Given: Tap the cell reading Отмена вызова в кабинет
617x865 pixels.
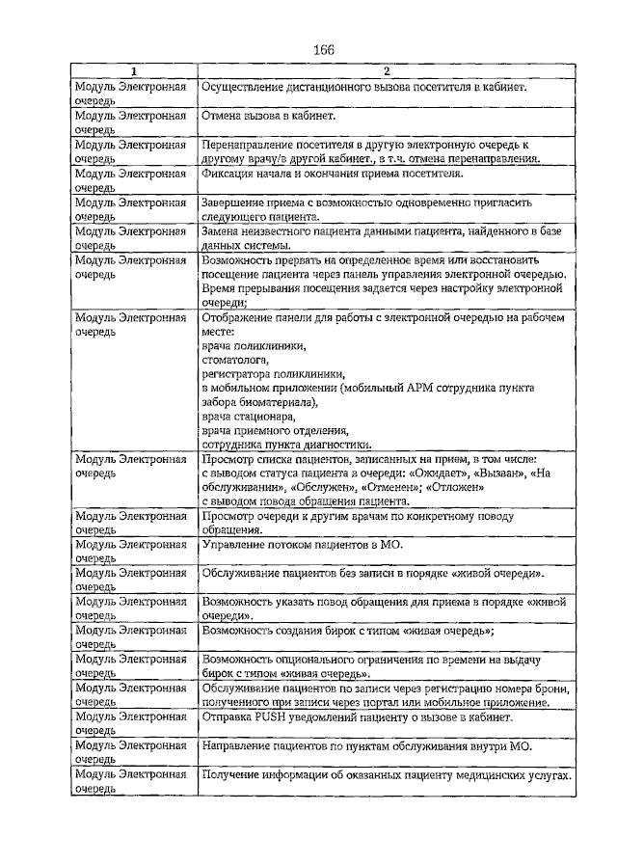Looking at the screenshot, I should [x=269, y=116].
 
